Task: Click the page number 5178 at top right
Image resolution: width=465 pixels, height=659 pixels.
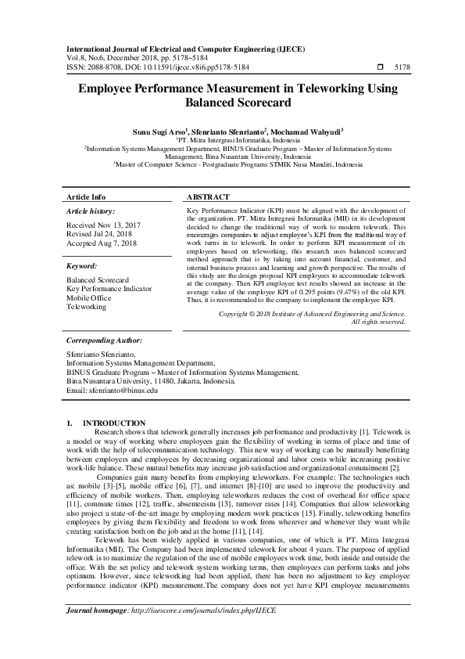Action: click(x=402, y=68)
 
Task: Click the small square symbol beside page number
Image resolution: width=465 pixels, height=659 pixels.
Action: click(x=380, y=68)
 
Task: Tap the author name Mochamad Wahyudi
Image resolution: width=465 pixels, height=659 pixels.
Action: click(x=309, y=133)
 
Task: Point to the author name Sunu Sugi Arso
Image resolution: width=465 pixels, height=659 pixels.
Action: click(x=159, y=133)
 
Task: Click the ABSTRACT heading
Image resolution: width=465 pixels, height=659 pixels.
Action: click(x=209, y=197)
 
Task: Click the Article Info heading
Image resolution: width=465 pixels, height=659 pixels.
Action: click(x=86, y=197)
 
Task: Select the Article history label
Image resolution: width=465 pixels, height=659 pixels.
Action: click(x=90, y=211)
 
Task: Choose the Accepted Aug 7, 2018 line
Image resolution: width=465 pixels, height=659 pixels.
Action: click(x=102, y=243)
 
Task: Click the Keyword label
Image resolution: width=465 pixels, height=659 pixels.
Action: click(x=82, y=266)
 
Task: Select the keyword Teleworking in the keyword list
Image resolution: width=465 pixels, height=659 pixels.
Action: click(x=86, y=308)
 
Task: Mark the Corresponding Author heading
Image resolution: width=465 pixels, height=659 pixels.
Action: click(x=105, y=340)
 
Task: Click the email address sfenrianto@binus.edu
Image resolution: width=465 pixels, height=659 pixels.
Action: click(x=121, y=391)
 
